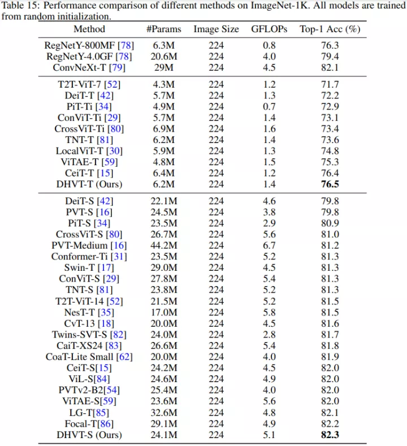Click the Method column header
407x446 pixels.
click(x=89, y=29)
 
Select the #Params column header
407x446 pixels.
click(x=162, y=29)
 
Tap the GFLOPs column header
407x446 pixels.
click(x=269, y=29)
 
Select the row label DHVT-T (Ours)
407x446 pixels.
click(x=89, y=184)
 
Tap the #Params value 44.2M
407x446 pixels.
click(x=162, y=245)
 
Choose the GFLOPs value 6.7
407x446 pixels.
click(x=269, y=245)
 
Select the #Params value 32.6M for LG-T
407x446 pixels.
click(x=162, y=413)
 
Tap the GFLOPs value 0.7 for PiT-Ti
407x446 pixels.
click(x=269, y=106)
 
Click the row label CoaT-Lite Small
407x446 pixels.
click(x=80, y=357)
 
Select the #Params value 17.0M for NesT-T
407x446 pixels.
click(x=162, y=312)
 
